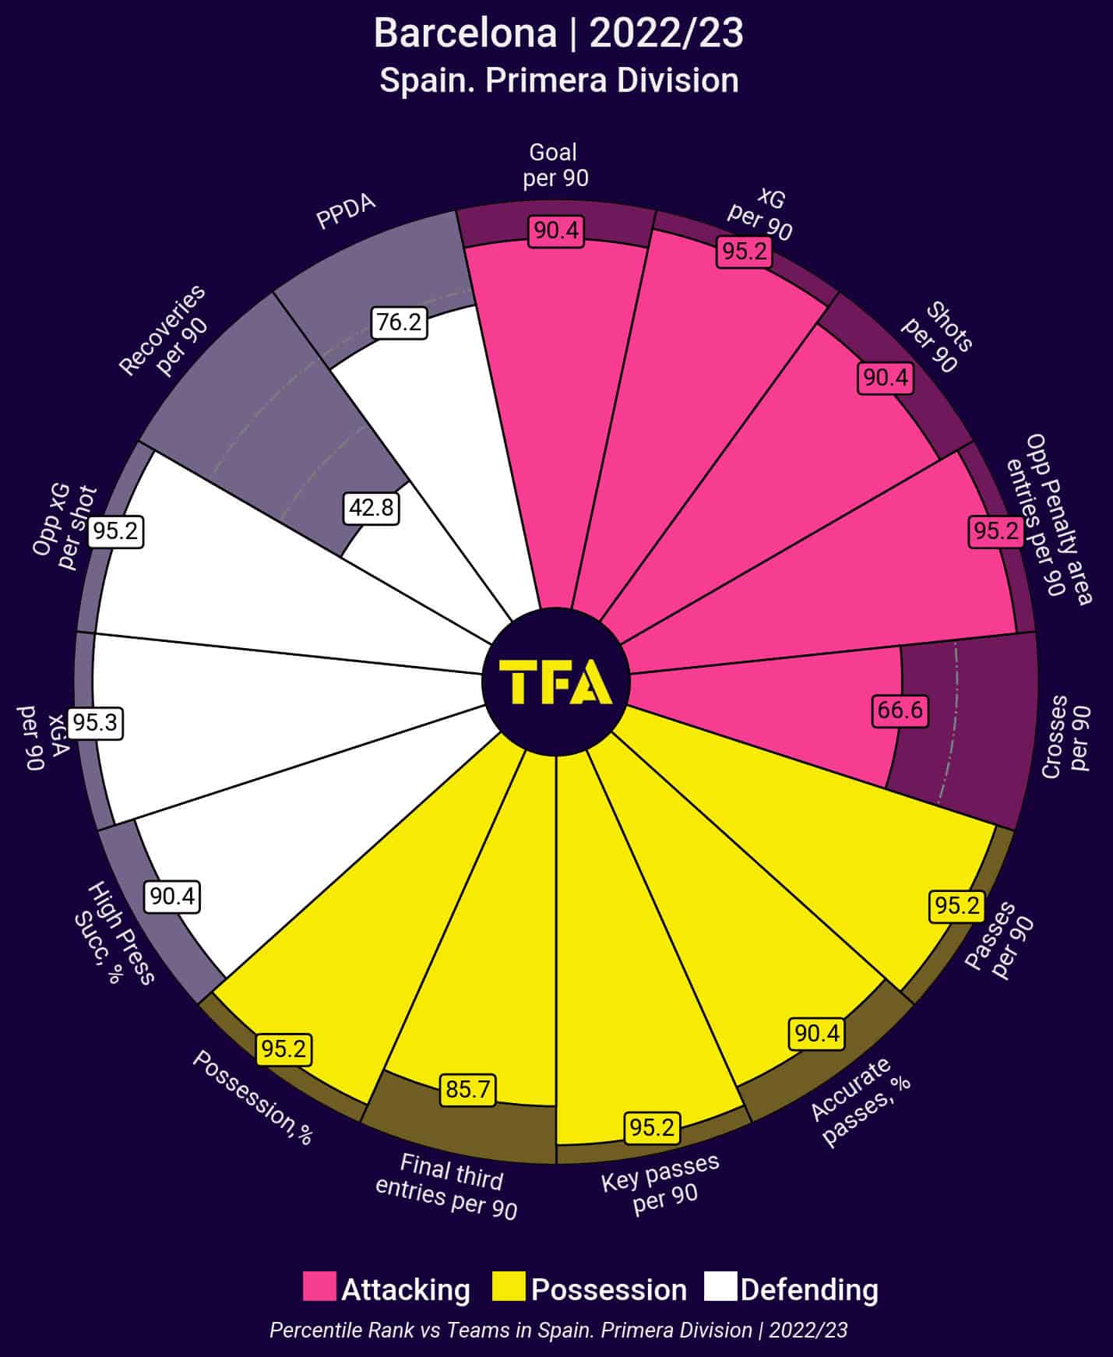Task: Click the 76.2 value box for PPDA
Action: coord(400,322)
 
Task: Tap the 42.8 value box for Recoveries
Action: coord(372,508)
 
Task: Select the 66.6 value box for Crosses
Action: coord(900,710)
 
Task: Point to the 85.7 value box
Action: coord(467,1088)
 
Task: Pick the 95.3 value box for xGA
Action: coord(95,723)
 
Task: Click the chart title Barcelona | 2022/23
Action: coord(558,34)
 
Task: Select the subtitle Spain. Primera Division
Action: coord(558,81)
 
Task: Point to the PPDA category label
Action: coord(346,211)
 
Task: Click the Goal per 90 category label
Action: coord(555,165)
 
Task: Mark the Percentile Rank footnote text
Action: coord(558,1330)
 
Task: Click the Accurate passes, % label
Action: coord(859,1101)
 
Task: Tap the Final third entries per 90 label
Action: coord(448,1186)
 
